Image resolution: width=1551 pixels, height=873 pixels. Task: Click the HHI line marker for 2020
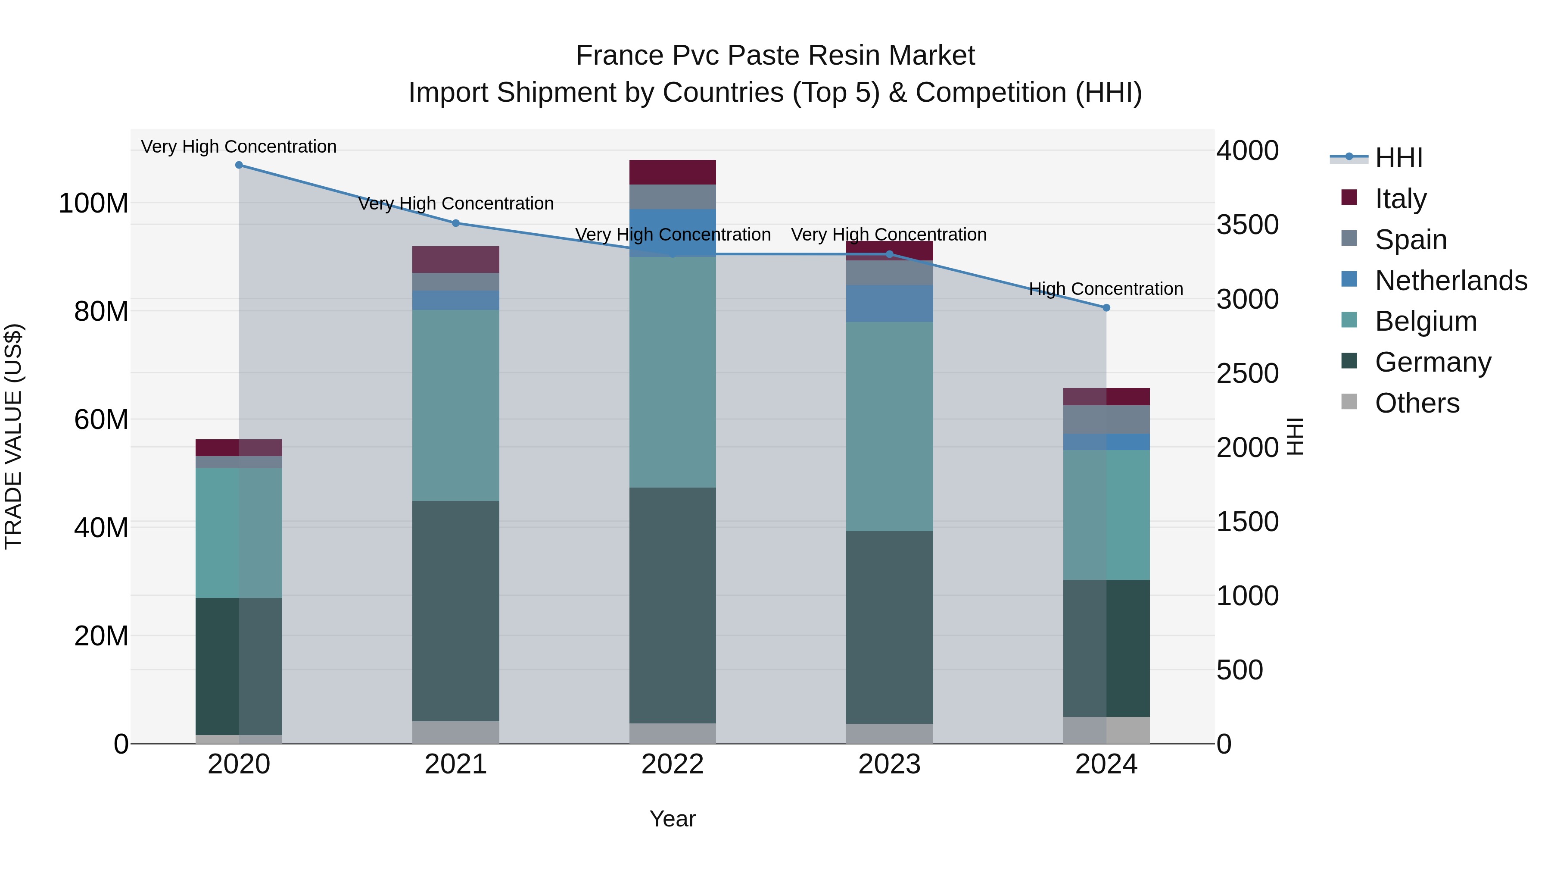tap(239, 165)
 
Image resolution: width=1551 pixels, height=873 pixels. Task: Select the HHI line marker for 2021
tap(456, 223)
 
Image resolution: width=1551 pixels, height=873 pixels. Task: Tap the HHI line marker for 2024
tap(1106, 308)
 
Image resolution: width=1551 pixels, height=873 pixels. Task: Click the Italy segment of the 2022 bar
tap(673, 172)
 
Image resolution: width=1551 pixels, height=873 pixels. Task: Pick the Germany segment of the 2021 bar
tap(456, 610)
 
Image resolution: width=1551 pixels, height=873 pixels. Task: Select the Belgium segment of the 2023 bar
tap(889, 426)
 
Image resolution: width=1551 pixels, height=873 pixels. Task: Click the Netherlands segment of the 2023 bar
tap(889, 303)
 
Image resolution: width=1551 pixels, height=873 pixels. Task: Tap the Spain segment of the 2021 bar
tap(456, 282)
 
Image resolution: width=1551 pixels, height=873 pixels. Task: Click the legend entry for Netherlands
tap(1451, 281)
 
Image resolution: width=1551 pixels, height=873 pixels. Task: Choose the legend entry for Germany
tap(1433, 362)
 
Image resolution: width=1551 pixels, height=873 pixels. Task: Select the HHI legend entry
tap(1398, 158)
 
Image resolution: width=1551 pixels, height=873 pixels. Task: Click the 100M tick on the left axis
tap(93, 203)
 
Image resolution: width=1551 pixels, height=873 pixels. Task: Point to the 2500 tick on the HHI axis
tap(1248, 373)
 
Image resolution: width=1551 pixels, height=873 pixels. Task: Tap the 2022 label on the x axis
tap(673, 764)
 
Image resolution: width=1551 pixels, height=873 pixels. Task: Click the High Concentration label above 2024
tap(1106, 289)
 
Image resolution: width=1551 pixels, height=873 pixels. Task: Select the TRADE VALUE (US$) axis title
tap(14, 436)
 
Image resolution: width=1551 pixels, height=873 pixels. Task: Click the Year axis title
tap(673, 819)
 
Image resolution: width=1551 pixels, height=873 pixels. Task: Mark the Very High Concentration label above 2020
tap(239, 147)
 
